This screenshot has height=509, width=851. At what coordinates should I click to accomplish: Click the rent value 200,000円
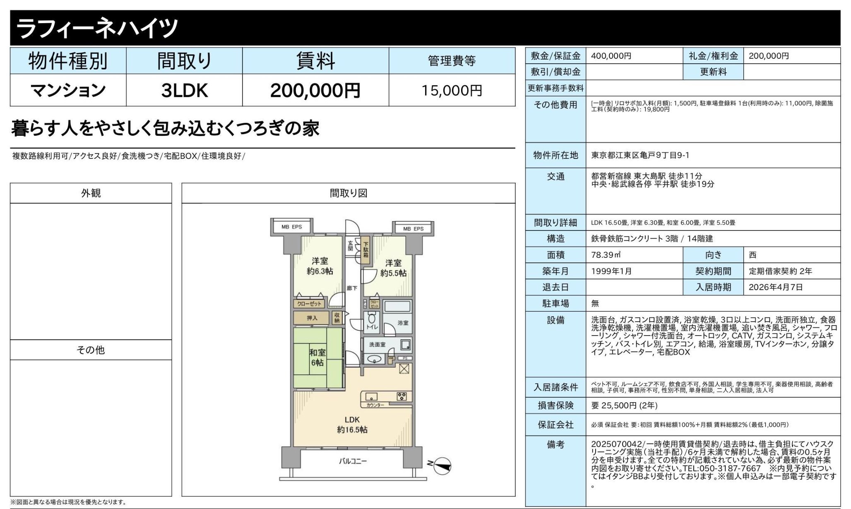pos(315,90)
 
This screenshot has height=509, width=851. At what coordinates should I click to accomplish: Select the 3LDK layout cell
pos(184,90)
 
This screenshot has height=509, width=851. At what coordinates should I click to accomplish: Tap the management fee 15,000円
pos(452,91)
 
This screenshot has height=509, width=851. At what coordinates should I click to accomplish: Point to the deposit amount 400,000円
pos(611,56)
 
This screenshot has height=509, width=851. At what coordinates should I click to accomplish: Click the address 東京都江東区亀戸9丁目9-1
pos(640,155)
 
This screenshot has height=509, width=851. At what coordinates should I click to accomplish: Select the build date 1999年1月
pos(611,271)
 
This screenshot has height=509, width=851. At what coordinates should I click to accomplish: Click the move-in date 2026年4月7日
pos(776,287)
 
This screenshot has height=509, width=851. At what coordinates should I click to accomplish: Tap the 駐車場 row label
pos(555,303)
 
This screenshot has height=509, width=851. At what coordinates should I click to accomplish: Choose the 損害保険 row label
pos(555,405)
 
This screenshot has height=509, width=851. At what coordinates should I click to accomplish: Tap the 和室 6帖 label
pos(317,358)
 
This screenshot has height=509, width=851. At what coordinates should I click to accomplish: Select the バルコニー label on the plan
pos(353,461)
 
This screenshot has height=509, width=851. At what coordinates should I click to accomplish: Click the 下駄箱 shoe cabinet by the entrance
pos(366,247)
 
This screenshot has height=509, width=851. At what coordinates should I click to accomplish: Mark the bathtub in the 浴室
pos(397,307)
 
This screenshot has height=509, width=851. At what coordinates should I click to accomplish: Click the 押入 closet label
pos(312,318)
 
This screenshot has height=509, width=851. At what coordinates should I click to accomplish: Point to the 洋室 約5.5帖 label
pos(393,268)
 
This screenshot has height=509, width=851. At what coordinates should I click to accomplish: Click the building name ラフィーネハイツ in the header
pos(97,28)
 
